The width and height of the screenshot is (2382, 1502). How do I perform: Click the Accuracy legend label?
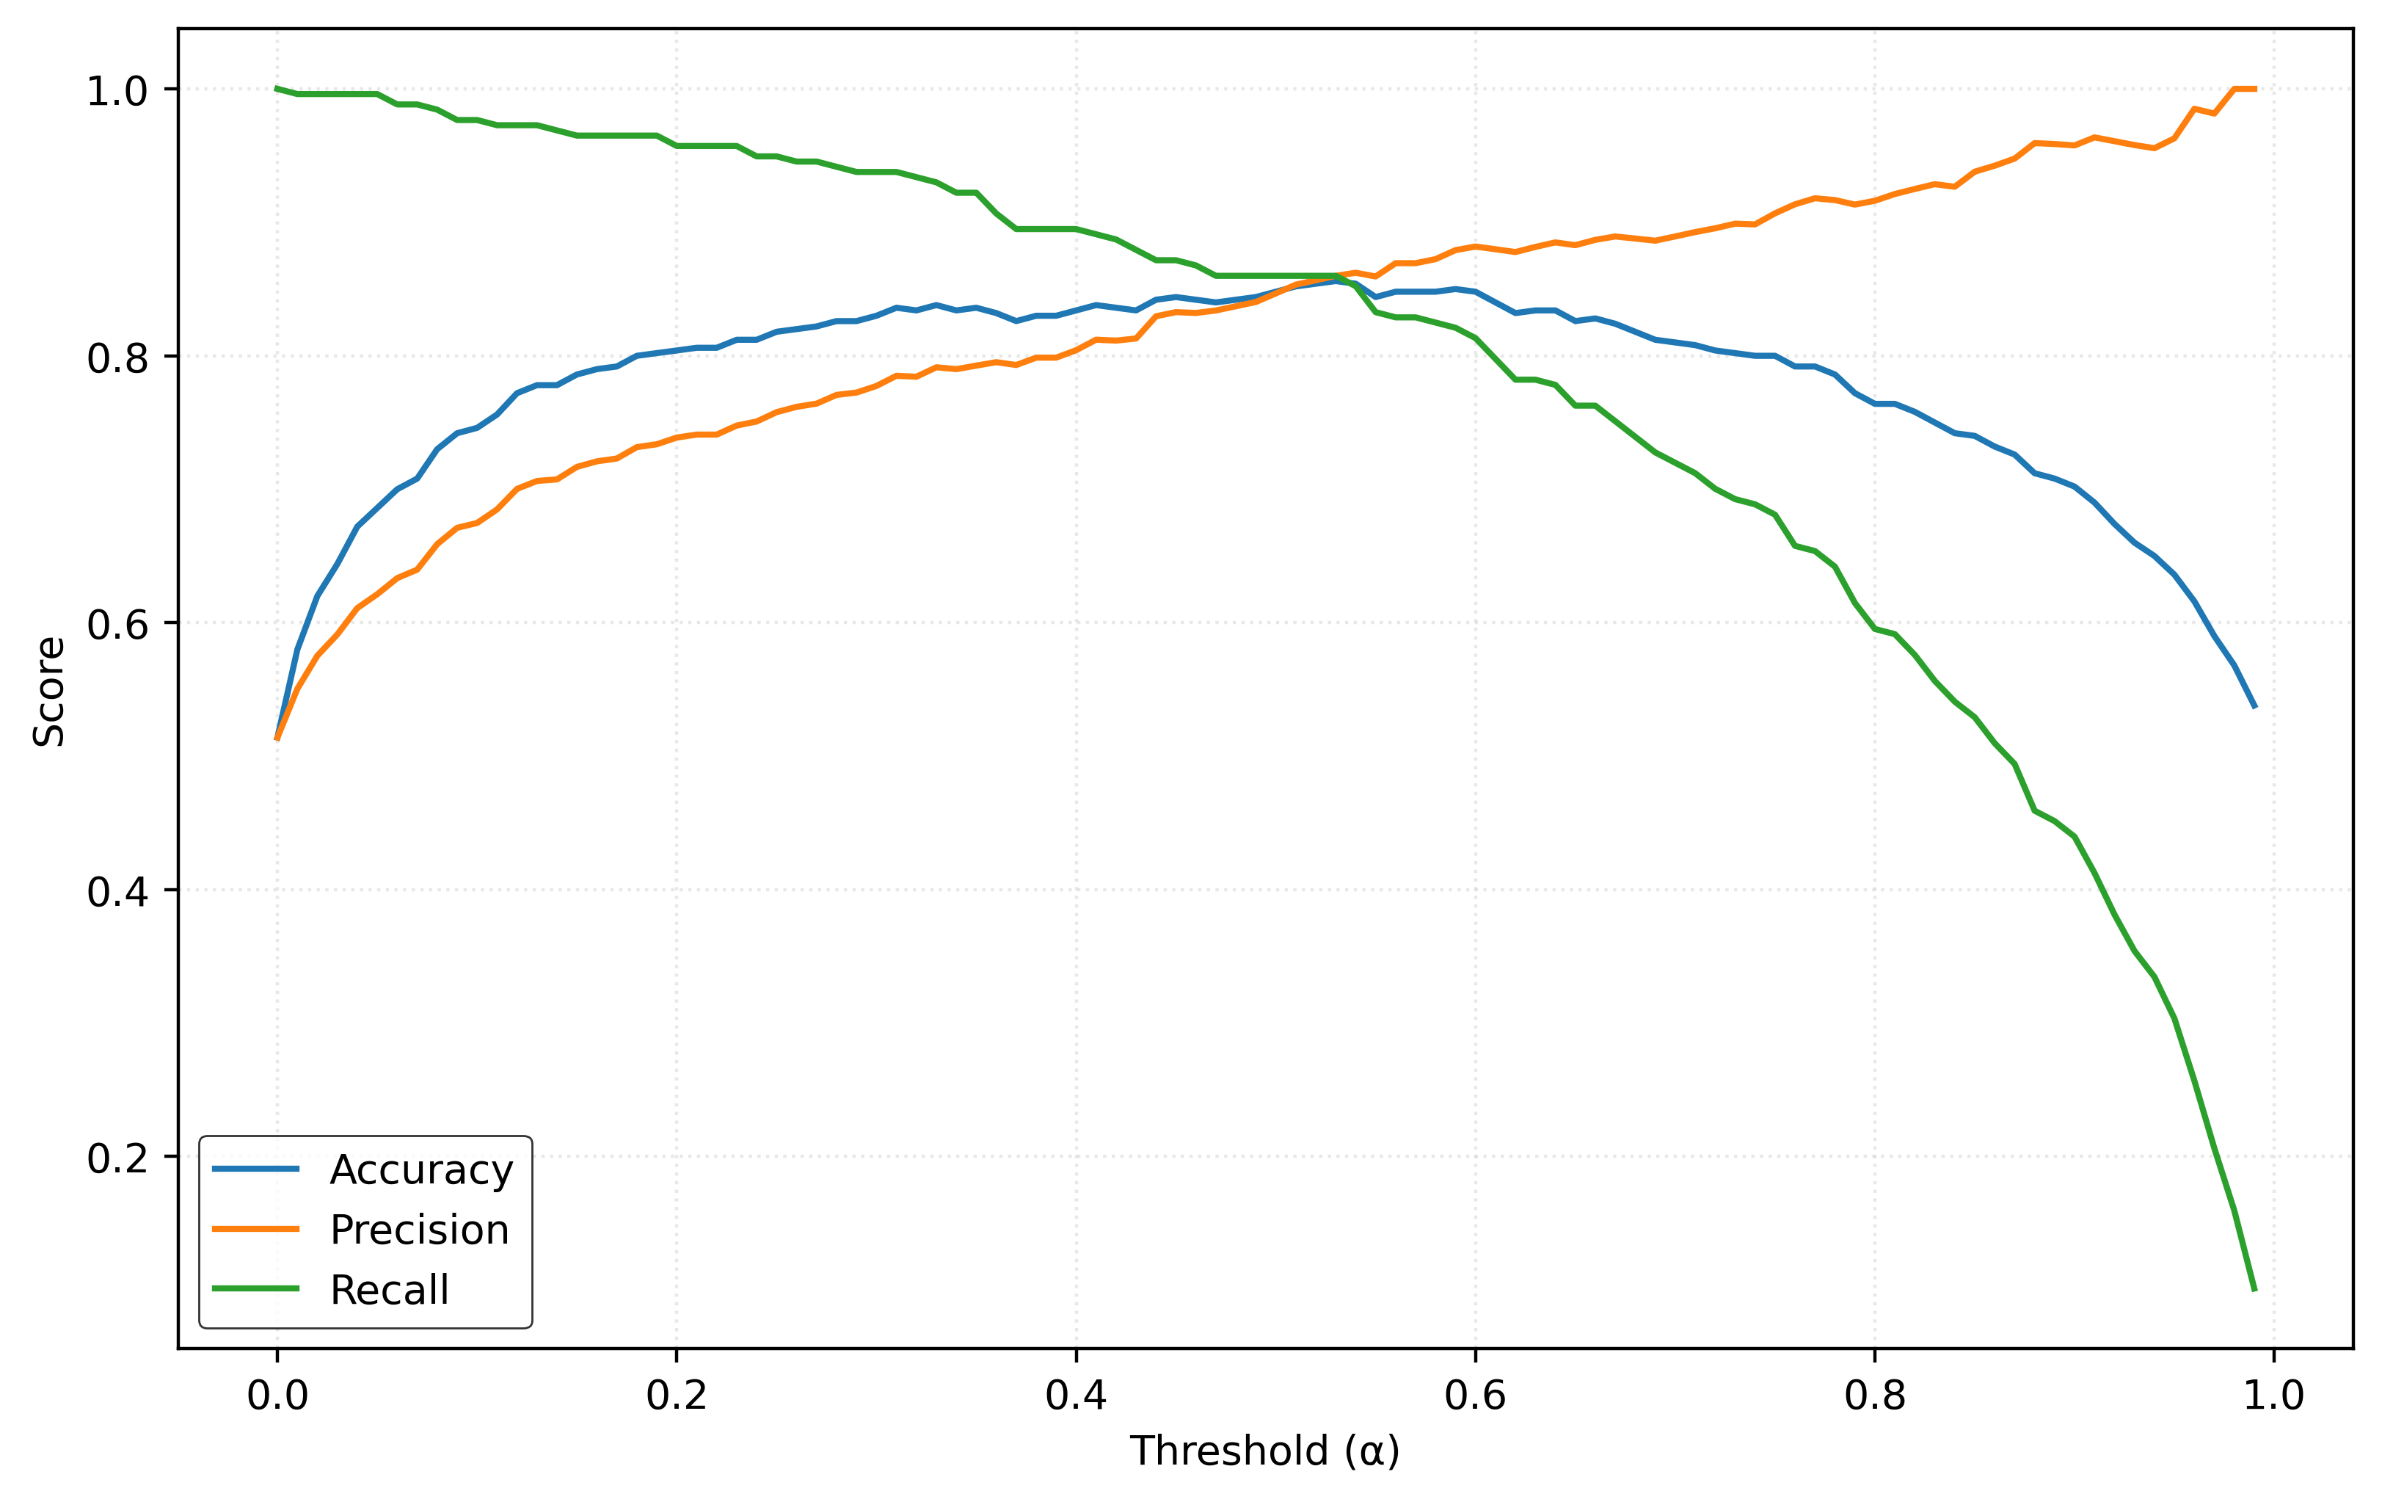tap(421, 1169)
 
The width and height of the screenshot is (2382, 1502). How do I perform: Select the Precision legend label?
tap(420, 1230)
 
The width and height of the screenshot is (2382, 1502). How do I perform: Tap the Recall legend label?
tap(390, 1291)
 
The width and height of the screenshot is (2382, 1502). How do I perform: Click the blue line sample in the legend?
tap(255, 1169)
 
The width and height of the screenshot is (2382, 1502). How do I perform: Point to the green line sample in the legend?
tap(255, 1288)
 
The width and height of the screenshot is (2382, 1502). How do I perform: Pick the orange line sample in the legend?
tap(255, 1229)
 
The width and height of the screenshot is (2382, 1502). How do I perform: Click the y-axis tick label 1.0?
tap(117, 92)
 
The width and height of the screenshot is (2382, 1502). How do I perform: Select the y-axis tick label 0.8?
tap(117, 358)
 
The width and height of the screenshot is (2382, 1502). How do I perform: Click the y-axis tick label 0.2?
tap(117, 1158)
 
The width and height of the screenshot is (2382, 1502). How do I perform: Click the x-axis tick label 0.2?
tap(677, 1396)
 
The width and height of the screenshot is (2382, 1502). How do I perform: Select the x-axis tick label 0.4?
tap(1077, 1396)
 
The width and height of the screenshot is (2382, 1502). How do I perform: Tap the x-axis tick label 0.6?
tap(1475, 1396)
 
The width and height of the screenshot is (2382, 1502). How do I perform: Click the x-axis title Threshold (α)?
tap(1264, 1451)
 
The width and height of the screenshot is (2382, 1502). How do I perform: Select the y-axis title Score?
tap(49, 691)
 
